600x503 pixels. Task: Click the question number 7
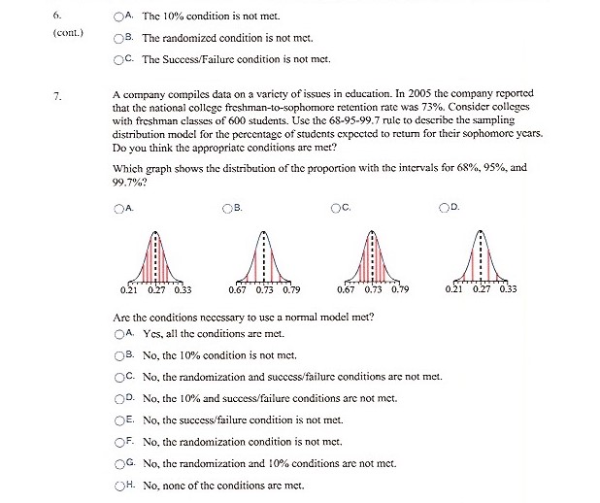coord(58,95)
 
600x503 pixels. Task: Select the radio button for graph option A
coord(118,207)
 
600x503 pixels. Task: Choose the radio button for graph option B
coord(227,207)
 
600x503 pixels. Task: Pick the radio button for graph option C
coord(336,207)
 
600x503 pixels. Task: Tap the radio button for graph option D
coord(445,207)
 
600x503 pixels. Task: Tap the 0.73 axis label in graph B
coord(264,289)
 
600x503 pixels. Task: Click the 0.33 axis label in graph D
coord(508,289)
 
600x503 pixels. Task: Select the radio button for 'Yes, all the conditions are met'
coord(118,333)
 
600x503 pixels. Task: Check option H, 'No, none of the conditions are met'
coord(118,485)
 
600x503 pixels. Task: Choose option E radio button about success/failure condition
coord(118,419)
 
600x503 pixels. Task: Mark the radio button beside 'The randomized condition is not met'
coord(118,38)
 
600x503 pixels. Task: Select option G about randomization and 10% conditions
coord(118,463)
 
